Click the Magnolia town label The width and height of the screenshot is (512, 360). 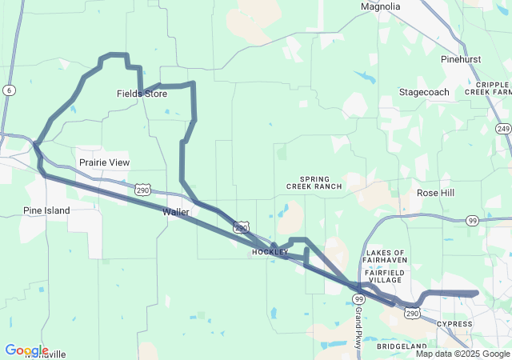click(x=380, y=6)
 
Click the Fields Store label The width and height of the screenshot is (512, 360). click(x=142, y=94)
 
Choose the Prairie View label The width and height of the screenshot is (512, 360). click(x=104, y=162)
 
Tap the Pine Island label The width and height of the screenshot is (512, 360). click(x=46, y=210)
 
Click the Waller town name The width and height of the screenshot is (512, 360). click(x=175, y=212)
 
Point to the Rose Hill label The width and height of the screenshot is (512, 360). click(x=436, y=193)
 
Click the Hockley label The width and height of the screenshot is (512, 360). click(x=270, y=252)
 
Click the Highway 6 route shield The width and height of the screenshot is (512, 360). click(x=8, y=90)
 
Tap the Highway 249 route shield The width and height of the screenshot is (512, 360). click(x=502, y=129)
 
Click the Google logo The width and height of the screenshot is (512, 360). click(x=26, y=350)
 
